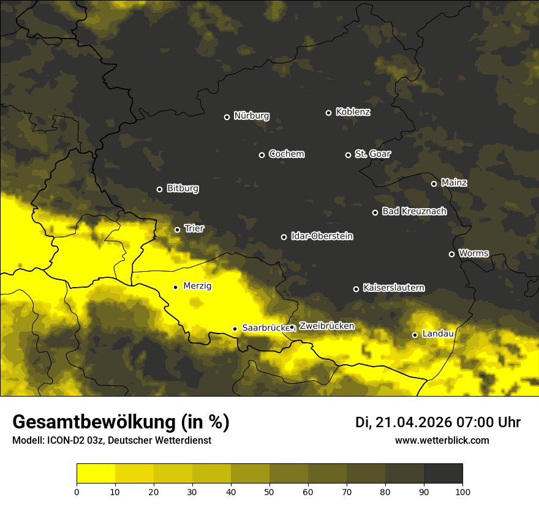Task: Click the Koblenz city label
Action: click(x=353, y=113)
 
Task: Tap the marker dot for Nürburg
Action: click(x=227, y=117)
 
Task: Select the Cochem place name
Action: click(x=286, y=154)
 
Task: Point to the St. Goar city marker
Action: click(x=348, y=155)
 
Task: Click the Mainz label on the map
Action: click(x=454, y=183)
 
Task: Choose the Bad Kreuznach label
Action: click(x=414, y=212)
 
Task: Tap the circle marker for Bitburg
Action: click(x=159, y=189)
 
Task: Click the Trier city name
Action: click(x=194, y=229)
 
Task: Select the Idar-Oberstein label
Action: click(x=322, y=236)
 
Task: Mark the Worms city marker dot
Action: click(x=451, y=254)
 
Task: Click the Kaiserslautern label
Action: click(x=393, y=288)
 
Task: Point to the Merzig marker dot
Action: click(x=175, y=287)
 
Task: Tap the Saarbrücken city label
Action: click(x=265, y=328)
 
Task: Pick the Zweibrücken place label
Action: click(x=326, y=326)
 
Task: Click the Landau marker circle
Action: click(x=415, y=335)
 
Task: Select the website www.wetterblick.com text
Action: click(x=442, y=441)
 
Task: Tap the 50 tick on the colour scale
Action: click(x=269, y=491)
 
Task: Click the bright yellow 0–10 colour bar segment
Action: click(x=96, y=474)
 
